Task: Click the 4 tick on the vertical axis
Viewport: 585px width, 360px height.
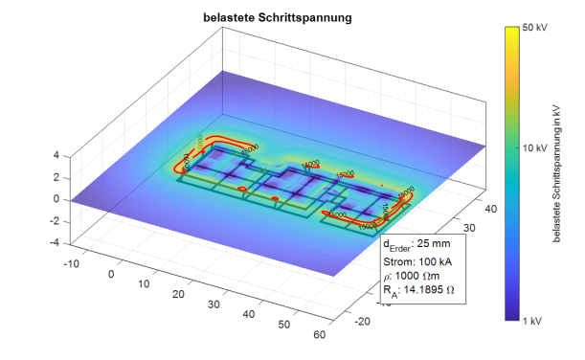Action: (x=56, y=154)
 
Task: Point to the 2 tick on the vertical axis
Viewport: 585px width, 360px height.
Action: (x=56, y=177)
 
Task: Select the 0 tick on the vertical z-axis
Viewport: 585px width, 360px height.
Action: (x=56, y=199)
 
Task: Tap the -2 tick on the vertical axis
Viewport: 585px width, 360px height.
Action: (x=55, y=221)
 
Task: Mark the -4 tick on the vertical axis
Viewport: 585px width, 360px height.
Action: (x=55, y=243)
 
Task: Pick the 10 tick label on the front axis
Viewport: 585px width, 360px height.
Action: (x=144, y=284)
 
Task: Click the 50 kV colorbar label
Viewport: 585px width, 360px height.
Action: (x=532, y=29)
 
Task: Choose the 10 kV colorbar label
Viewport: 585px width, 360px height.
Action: (x=532, y=149)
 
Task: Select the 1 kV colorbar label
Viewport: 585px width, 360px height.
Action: (x=530, y=320)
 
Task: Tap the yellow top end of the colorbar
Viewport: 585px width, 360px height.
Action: (x=511, y=31)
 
